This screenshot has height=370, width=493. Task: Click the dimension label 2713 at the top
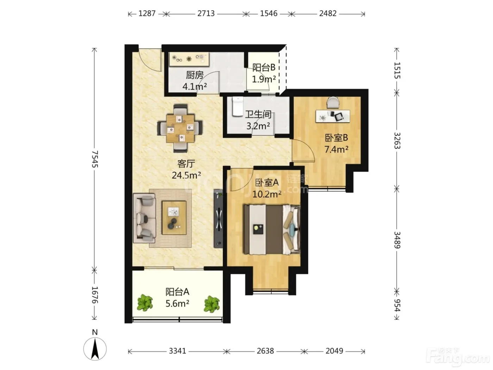click(x=206, y=14)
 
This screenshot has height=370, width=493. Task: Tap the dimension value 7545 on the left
click(x=95, y=159)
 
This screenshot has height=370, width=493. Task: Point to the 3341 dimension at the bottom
click(x=177, y=351)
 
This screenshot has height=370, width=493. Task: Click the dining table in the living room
click(x=180, y=129)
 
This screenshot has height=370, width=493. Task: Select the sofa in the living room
click(x=144, y=218)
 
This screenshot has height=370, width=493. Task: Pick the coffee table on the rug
click(x=174, y=218)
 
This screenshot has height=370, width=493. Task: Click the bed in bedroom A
click(x=272, y=229)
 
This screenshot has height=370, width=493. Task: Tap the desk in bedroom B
click(x=333, y=116)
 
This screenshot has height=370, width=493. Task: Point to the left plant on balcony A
click(x=145, y=303)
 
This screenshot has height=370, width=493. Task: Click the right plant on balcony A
click(x=212, y=304)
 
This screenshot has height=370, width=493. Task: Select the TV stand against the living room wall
click(x=218, y=218)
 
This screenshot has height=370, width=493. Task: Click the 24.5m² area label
click(x=186, y=175)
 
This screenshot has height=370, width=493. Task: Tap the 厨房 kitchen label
click(x=194, y=75)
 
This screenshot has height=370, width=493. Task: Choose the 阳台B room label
click(x=264, y=67)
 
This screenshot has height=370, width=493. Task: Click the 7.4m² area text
click(x=336, y=149)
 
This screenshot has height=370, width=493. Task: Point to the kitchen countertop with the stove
click(x=189, y=59)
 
